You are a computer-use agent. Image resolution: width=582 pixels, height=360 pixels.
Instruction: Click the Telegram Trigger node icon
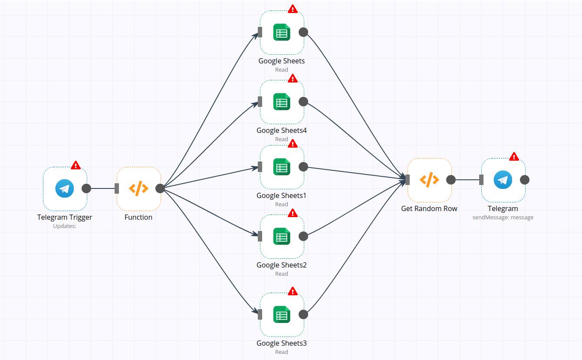click(65, 188)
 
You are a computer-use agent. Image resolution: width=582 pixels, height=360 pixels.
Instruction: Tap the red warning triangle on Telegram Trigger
click(76, 165)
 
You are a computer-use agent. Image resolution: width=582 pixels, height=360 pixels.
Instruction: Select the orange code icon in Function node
click(138, 188)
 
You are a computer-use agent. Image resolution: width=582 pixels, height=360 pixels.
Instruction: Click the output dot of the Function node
click(160, 188)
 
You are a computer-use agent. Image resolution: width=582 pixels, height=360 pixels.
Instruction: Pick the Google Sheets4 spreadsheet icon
click(282, 102)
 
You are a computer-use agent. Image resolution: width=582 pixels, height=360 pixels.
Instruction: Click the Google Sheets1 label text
click(281, 195)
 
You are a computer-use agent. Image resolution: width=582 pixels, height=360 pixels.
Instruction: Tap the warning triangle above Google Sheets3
click(293, 291)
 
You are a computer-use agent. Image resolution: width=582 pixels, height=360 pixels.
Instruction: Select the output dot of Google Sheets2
click(303, 236)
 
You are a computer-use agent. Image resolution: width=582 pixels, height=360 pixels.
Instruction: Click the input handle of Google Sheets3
click(260, 314)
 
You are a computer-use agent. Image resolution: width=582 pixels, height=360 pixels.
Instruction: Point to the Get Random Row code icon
click(429, 180)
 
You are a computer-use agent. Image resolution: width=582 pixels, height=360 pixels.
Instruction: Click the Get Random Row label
click(429, 208)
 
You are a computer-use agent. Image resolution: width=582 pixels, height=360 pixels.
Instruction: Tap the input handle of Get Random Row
click(408, 180)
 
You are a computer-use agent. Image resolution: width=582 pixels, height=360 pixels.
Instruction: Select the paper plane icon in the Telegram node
click(503, 180)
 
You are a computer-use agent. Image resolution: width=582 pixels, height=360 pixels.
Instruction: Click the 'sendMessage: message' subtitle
click(503, 217)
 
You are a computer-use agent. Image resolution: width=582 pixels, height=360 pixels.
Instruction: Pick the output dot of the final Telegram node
click(525, 180)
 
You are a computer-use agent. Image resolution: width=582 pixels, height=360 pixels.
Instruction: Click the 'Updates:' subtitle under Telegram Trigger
click(65, 226)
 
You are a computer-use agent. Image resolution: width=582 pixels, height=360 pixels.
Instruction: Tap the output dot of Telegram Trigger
click(86, 188)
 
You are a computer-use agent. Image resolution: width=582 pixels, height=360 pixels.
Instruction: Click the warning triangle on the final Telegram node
click(514, 156)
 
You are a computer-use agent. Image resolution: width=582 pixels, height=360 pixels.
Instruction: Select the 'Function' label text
click(138, 217)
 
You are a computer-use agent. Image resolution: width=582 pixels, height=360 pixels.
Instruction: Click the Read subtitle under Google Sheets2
click(282, 274)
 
